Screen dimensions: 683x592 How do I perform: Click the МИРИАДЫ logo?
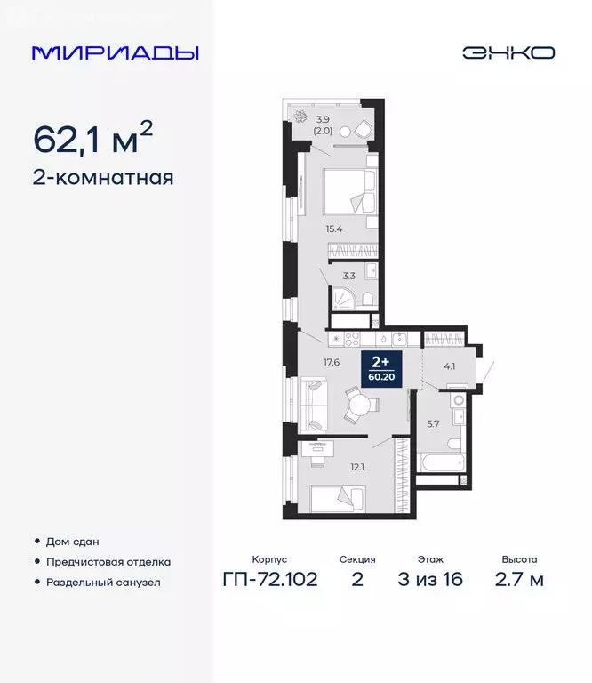(115, 52)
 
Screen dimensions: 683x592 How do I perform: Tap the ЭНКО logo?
(508, 52)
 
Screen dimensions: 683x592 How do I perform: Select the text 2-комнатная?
(103, 177)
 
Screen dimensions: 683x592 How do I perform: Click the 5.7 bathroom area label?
(434, 423)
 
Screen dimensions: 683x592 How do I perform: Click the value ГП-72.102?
(269, 580)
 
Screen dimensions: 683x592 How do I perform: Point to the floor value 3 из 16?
(430, 580)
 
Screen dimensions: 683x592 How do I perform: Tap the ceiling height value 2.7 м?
(518, 580)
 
